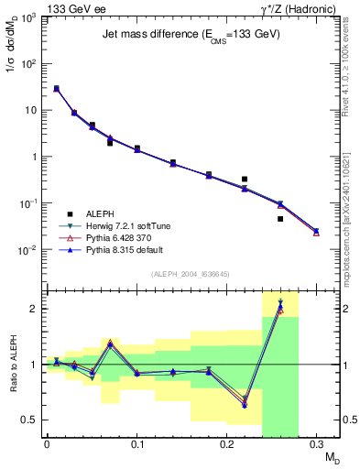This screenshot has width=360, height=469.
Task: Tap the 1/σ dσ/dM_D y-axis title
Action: pyautogui.click(x=12, y=44)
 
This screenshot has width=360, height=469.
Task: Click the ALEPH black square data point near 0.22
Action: pyautogui.click(x=245, y=179)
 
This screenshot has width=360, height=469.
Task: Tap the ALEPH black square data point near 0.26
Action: pyautogui.click(x=280, y=219)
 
